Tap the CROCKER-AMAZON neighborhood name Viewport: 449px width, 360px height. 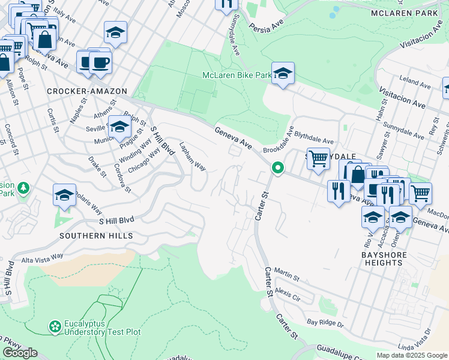tap(87, 91)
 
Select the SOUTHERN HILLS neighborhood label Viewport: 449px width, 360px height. tap(96, 236)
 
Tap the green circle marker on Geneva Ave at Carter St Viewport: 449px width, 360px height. tap(277, 169)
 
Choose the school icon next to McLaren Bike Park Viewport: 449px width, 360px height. tap(283, 74)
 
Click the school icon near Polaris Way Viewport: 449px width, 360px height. tap(64, 196)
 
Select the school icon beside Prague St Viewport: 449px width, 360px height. tap(119, 127)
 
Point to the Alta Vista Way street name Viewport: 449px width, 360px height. tap(42, 256)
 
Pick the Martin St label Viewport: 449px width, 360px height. tap(286, 275)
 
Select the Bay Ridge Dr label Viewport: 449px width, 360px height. tap(324, 323)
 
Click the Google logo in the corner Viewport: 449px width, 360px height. tap(20, 353)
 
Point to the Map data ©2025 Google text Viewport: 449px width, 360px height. tap(411, 355)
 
